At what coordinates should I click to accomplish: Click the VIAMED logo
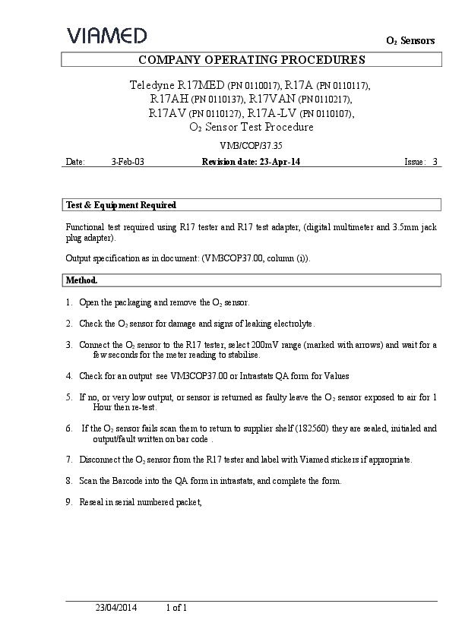[x=107, y=35]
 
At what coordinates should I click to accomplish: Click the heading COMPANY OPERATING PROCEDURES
[x=251, y=60]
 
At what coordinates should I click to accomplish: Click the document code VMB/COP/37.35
[x=251, y=144]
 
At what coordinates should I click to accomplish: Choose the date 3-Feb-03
[x=127, y=162]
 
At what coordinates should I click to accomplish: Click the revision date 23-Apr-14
[x=283, y=162]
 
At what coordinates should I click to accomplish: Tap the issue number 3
[x=435, y=162]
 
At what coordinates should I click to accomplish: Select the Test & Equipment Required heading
[x=122, y=205]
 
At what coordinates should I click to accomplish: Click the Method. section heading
[x=82, y=280]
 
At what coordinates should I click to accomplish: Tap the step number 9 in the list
[x=68, y=502]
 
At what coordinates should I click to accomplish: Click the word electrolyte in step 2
[x=290, y=324]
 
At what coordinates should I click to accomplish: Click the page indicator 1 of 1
[x=176, y=608]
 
